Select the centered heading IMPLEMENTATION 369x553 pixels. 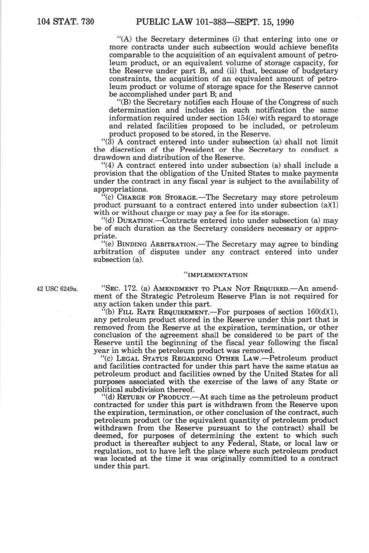point(216,275)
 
